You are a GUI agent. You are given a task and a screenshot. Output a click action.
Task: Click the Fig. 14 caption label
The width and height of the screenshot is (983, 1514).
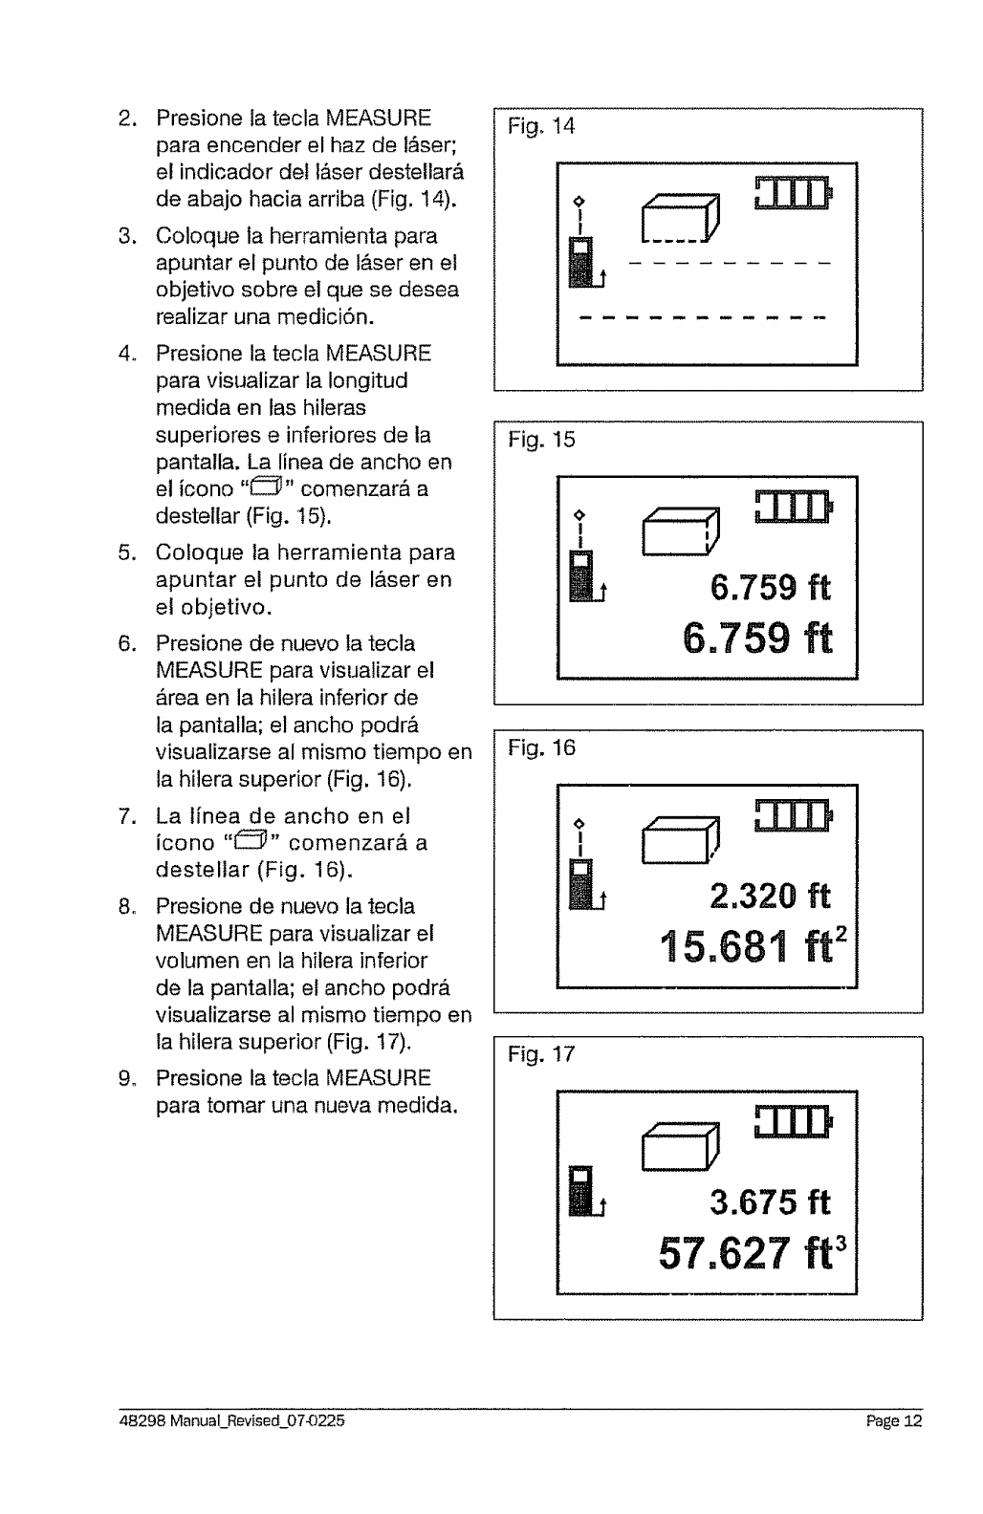coord(542,126)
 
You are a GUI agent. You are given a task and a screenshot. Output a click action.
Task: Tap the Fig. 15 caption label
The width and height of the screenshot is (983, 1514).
coord(542,441)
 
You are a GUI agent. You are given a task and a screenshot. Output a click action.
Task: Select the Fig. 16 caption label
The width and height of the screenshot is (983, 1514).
coord(542,748)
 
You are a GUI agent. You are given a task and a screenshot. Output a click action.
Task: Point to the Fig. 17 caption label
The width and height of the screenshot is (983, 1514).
coord(542,1054)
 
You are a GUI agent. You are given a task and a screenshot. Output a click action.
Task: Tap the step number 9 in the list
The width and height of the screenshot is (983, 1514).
coord(126,1079)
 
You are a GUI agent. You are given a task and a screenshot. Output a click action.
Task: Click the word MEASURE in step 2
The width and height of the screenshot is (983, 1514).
coord(378,120)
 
